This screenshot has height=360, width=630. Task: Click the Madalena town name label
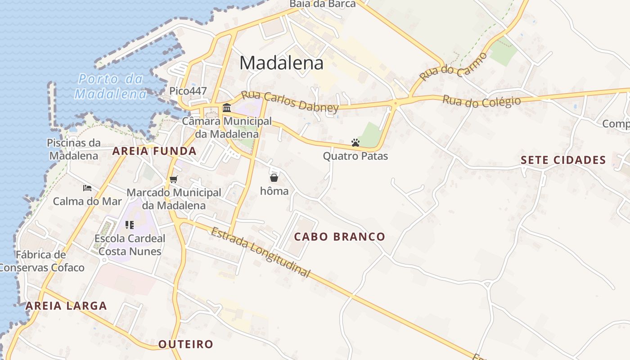281,63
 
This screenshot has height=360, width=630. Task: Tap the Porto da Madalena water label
111,86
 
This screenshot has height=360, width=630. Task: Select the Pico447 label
188,91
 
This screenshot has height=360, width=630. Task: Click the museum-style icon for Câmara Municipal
227,108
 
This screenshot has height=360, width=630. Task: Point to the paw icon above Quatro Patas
355,143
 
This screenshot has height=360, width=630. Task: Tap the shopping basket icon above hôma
274,178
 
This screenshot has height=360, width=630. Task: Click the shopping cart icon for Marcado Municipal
174,180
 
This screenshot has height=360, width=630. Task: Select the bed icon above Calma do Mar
87,188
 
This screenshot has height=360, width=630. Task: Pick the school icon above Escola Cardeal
130,225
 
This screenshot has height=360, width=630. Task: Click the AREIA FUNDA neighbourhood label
154,151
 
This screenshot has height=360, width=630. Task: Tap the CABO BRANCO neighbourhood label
340,237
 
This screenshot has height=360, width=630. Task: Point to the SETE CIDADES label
563,160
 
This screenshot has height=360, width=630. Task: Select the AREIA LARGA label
66,306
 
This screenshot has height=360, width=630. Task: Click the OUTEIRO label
185,345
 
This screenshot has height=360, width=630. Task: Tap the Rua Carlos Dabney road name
289,102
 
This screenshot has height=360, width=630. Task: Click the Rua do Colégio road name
481,101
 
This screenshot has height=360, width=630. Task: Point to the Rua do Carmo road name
454,67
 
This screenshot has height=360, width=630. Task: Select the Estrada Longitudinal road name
261,252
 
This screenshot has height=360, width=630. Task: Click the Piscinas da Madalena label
73,149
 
